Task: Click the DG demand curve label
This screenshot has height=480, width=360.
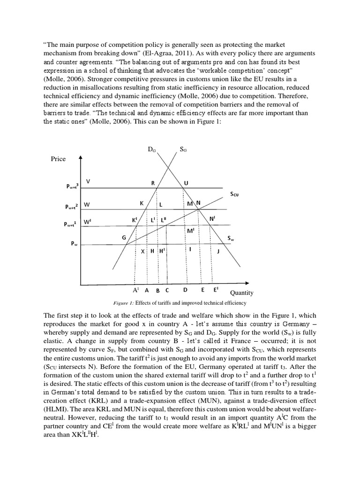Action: tap(152, 150)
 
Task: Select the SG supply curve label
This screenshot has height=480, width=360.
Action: tap(184, 150)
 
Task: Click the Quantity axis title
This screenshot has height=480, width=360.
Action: tap(241, 292)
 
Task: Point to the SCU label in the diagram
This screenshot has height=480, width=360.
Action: tap(234, 194)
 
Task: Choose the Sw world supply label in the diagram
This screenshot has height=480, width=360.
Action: tap(231, 238)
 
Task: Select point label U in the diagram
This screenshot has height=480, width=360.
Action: tap(186, 183)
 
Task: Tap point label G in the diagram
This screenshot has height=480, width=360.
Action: tap(124, 237)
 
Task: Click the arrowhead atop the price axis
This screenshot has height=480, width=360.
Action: tap(81, 158)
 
